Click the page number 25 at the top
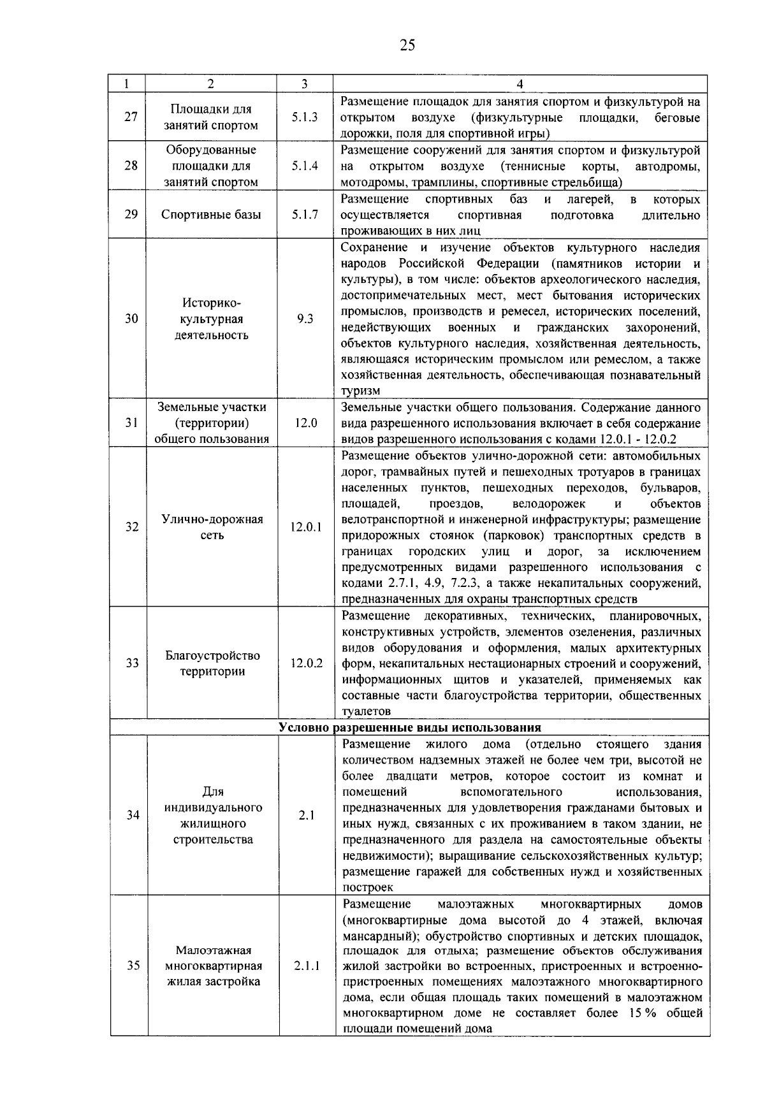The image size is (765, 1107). pos(407,45)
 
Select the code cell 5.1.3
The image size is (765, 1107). pos(305,117)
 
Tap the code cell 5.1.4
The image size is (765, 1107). pos(305,166)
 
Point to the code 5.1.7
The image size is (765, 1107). pos(305,215)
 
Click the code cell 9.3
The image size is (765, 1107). pos(305,319)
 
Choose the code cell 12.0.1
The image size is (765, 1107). pos(306,527)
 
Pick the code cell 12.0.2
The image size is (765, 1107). pos(307,663)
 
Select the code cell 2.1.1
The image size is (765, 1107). pos(307,966)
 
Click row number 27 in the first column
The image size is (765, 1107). pos(131,117)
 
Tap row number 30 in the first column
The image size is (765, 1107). pos(131,319)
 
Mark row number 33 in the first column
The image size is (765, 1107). pos(132,663)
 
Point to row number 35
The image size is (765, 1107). pos(133,966)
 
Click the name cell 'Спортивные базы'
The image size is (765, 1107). pos(211,215)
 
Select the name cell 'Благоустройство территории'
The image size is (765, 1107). pos(212,663)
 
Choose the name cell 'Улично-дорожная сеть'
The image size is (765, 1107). pos(212,527)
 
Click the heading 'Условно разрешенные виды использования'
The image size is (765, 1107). pos(410,727)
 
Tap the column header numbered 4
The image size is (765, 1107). pos(520,83)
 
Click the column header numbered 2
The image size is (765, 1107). pos(211,83)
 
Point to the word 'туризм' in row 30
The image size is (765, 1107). pos(361,391)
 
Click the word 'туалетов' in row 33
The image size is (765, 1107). pos(367,711)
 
